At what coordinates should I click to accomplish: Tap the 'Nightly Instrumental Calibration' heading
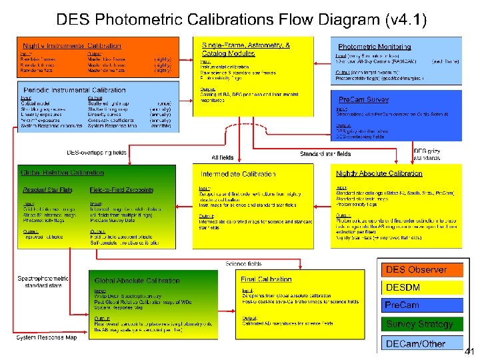[x=72, y=46]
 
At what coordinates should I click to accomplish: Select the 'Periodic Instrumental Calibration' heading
[x=75, y=90]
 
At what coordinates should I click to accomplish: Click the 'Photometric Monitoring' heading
[x=375, y=47]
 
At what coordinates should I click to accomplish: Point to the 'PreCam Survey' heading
[x=364, y=99]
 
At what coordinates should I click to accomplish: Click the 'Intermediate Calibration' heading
[x=238, y=174]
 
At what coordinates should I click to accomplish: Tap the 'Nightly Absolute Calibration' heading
[x=379, y=173]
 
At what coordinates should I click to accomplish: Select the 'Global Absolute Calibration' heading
[x=137, y=281]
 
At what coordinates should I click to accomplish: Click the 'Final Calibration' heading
[x=266, y=279]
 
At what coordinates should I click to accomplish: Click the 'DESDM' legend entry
[x=403, y=287]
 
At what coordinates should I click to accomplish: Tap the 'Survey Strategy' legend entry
[x=419, y=324]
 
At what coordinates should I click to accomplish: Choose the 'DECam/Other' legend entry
[x=415, y=343]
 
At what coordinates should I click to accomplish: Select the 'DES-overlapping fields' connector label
[x=97, y=153]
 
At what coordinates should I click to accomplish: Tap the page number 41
[x=469, y=351]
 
